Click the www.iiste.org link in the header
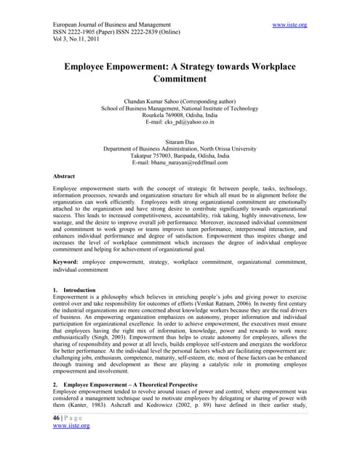point(288,25)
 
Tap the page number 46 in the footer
point(59,437)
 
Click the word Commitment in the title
point(180,79)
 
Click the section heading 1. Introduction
point(75,290)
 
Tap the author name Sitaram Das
point(180,139)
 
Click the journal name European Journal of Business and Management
point(112,25)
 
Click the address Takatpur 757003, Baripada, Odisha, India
point(180,155)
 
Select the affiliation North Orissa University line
point(180,147)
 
